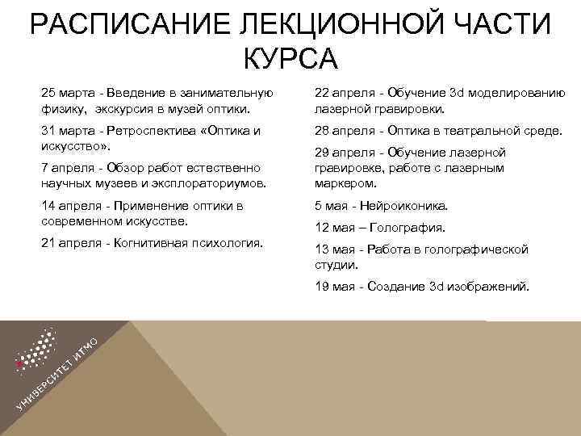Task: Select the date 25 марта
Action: click(70, 92)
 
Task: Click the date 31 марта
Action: click(70, 131)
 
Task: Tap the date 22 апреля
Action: click(341, 92)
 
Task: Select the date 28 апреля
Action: click(341, 131)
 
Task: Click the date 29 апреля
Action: click(341, 153)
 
